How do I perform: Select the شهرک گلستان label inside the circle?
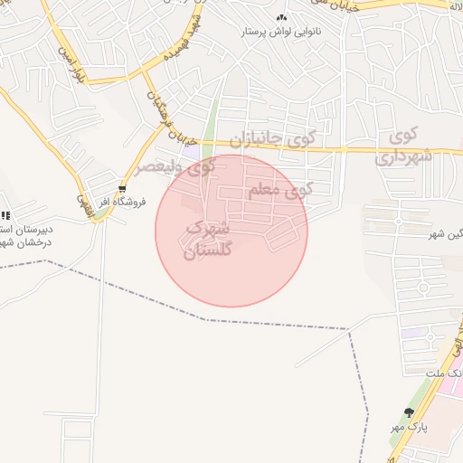pyautogui.click(x=208, y=240)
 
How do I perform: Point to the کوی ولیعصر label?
pyautogui.click(x=176, y=168)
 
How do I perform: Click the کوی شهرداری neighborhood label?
pyautogui.click(x=403, y=147)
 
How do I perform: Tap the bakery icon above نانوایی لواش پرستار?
pyautogui.click(x=280, y=17)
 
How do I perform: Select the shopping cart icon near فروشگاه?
pyautogui.click(x=122, y=190)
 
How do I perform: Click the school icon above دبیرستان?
pyautogui.click(x=5, y=215)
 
